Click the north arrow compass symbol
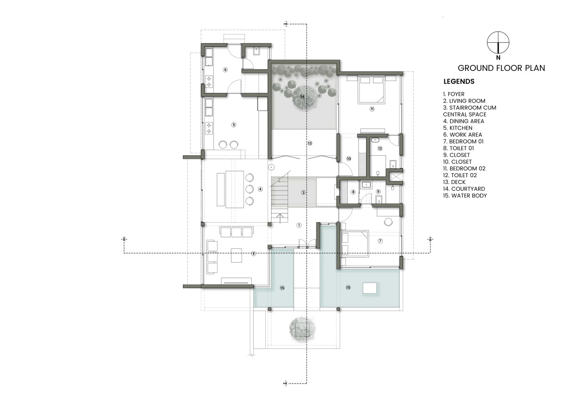click(498, 43)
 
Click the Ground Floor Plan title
click(501, 68)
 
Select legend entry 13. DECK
click(458, 182)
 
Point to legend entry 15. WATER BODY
click(465, 196)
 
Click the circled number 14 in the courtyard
click(302, 97)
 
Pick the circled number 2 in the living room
click(254, 254)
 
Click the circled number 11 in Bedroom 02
click(372, 109)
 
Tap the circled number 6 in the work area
click(225, 70)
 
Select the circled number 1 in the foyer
click(299, 225)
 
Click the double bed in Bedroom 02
click(371, 90)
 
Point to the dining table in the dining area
click(235, 189)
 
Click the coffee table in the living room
click(237, 255)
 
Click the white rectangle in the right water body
click(370, 288)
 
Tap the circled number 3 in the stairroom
click(303, 193)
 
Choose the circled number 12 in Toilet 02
click(380, 148)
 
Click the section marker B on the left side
click(125, 239)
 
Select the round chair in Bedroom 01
click(388, 222)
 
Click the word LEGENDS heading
click(459, 82)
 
